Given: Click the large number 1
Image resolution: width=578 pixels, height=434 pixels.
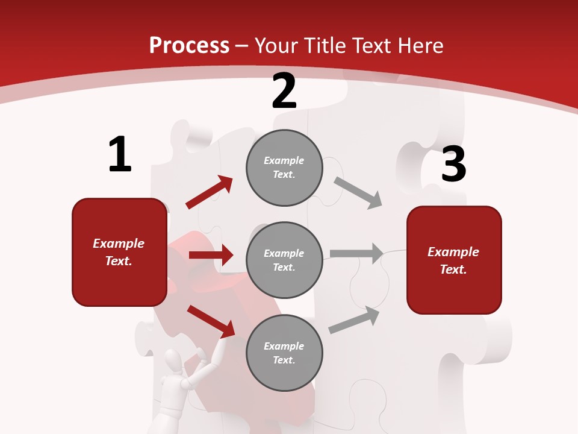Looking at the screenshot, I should pyautogui.click(x=120, y=155).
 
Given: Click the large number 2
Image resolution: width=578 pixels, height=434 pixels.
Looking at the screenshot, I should pyautogui.click(x=284, y=92).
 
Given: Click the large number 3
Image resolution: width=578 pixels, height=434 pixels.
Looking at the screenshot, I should pyautogui.click(x=454, y=165).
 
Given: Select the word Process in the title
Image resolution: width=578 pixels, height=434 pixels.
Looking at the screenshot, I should pyautogui.click(x=189, y=46).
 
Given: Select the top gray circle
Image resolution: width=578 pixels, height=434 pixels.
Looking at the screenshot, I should pyautogui.click(x=284, y=168).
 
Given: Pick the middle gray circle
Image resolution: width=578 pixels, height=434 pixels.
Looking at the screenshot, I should pyautogui.click(x=284, y=260).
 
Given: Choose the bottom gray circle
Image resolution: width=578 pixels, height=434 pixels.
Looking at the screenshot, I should pyautogui.click(x=284, y=353).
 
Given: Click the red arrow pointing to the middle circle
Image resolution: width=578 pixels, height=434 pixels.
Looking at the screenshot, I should pyautogui.click(x=211, y=255).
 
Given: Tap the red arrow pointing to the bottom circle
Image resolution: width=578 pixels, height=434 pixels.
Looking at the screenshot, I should pyautogui.click(x=211, y=321).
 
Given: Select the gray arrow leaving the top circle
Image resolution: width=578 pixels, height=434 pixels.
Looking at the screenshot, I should pyautogui.click(x=358, y=192).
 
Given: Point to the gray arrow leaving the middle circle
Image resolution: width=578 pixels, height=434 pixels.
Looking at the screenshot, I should pyautogui.click(x=356, y=253).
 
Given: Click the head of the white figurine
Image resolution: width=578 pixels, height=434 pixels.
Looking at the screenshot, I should pyautogui.click(x=174, y=363).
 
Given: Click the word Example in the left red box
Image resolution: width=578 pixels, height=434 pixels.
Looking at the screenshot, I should pyautogui.click(x=119, y=244).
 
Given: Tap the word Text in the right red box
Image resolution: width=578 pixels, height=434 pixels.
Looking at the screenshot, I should pyautogui.click(x=453, y=269).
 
